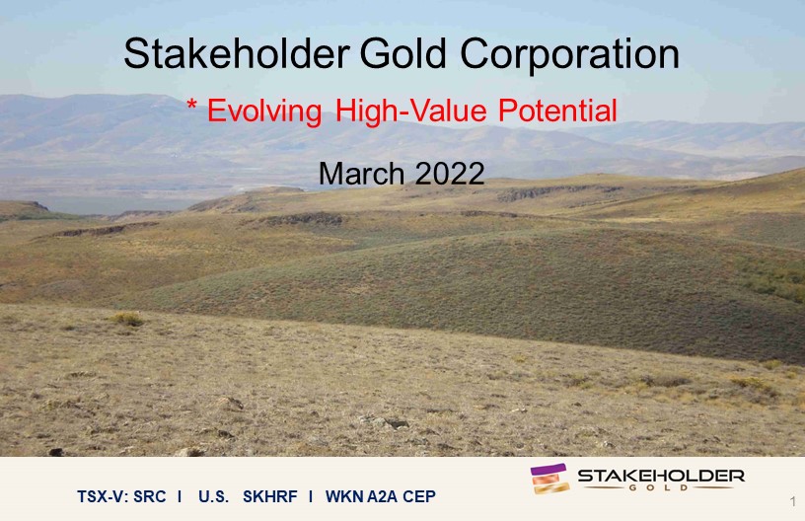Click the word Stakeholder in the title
[237, 53]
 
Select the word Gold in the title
[403, 53]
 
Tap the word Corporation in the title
[570, 54]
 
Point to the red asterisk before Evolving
[192, 105]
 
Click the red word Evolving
[264, 111]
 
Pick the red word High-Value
[410, 111]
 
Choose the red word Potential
[557, 110]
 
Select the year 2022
[450, 174]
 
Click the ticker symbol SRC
[149, 496]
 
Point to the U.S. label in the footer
[213, 496]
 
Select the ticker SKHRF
[270, 496]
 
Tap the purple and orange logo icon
[549, 479]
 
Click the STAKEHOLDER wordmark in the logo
[661, 476]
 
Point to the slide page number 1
[794, 501]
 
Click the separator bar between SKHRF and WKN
[311, 496]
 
